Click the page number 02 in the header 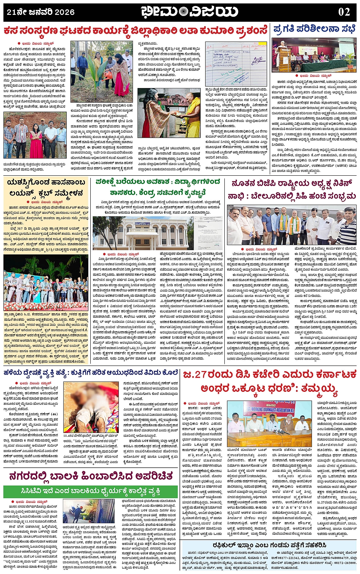click(344, 12)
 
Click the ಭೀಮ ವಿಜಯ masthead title click(189, 12)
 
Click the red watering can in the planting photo click(109, 75)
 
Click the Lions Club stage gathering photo click(46, 282)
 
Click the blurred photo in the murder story click(91, 407)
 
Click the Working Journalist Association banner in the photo click(274, 408)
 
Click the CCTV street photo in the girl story click(89, 511)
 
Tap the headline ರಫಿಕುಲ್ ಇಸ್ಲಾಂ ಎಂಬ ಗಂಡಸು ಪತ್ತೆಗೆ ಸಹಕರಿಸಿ click(269, 545)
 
